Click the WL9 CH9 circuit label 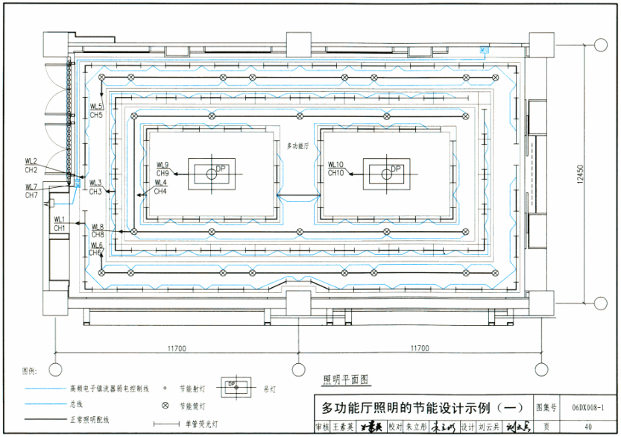point(163,169)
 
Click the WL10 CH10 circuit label point(335,169)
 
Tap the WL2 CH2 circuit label point(31,166)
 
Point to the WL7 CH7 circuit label point(31,192)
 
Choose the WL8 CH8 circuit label point(98,230)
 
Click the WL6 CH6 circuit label point(96,249)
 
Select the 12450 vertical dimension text point(590,175)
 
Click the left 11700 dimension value point(176,348)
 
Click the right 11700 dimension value point(420,348)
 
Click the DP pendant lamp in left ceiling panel point(212,175)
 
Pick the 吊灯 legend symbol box point(232,387)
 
